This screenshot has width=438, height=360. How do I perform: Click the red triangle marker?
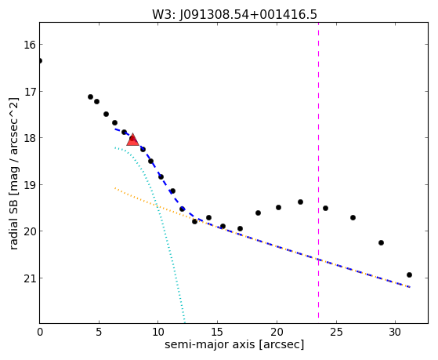[132, 140]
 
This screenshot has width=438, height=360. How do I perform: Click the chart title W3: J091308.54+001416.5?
[234, 14]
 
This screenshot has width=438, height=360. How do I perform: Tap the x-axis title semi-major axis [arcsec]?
[234, 344]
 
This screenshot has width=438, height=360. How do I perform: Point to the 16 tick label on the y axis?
[29, 45]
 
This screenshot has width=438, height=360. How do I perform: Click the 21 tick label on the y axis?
[29, 278]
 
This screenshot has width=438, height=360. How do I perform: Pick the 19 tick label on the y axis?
[29, 185]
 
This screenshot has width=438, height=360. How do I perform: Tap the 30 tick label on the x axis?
[395, 333]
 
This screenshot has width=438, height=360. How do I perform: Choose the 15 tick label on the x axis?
[217, 333]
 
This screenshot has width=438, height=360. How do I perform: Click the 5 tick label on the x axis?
[99, 333]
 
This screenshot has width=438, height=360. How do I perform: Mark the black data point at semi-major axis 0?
[40, 60]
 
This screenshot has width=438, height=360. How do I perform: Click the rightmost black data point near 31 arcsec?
[409, 275]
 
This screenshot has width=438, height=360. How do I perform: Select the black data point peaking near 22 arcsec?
[300, 202]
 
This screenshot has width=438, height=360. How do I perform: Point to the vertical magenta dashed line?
[318, 170]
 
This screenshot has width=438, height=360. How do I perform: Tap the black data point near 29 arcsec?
[381, 242]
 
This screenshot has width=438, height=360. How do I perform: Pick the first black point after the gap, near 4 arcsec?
[90, 96]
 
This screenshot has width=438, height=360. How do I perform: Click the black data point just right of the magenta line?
[325, 208]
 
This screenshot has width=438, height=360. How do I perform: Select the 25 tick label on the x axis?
[336, 333]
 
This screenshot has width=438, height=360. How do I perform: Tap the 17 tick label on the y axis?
[29, 92]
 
